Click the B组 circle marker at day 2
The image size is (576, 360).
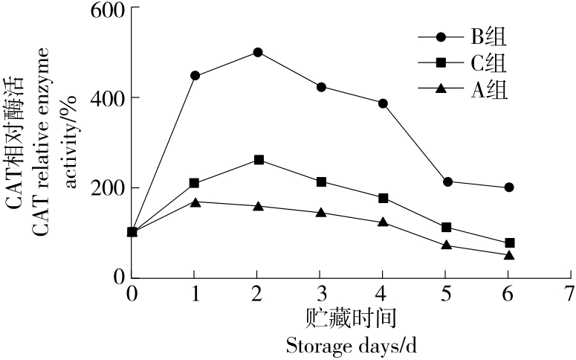tap(257, 52)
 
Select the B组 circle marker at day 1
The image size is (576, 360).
tap(195, 75)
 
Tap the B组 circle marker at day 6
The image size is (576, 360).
tap(509, 187)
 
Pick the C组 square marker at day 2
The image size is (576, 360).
tap(258, 160)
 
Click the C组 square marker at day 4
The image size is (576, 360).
tap(384, 198)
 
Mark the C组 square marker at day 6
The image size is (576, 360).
tap(509, 243)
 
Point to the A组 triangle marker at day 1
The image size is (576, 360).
tap(195, 202)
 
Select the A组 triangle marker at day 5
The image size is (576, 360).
tap(447, 245)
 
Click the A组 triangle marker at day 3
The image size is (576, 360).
tap(321, 213)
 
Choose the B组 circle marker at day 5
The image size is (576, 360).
tap(447, 181)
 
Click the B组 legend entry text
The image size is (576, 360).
tap(488, 36)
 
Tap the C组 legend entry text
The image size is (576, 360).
tap(488, 62)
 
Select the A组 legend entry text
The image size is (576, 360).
tap(488, 90)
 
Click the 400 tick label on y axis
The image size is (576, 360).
tap(107, 98)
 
